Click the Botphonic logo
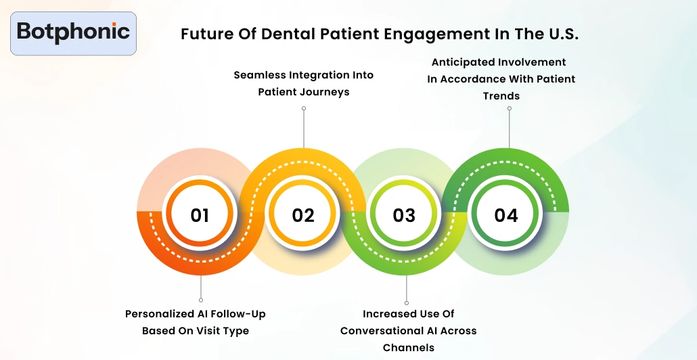click(73, 32)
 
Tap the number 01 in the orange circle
click(200, 215)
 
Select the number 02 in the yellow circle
click(303, 215)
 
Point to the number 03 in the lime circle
click(404, 215)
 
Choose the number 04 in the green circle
click(506, 215)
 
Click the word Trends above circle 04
click(501, 96)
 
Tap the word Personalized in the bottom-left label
click(159, 314)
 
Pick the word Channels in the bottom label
click(408, 348)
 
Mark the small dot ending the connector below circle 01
click(200, 300)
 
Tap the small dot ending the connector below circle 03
click(407, 303)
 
